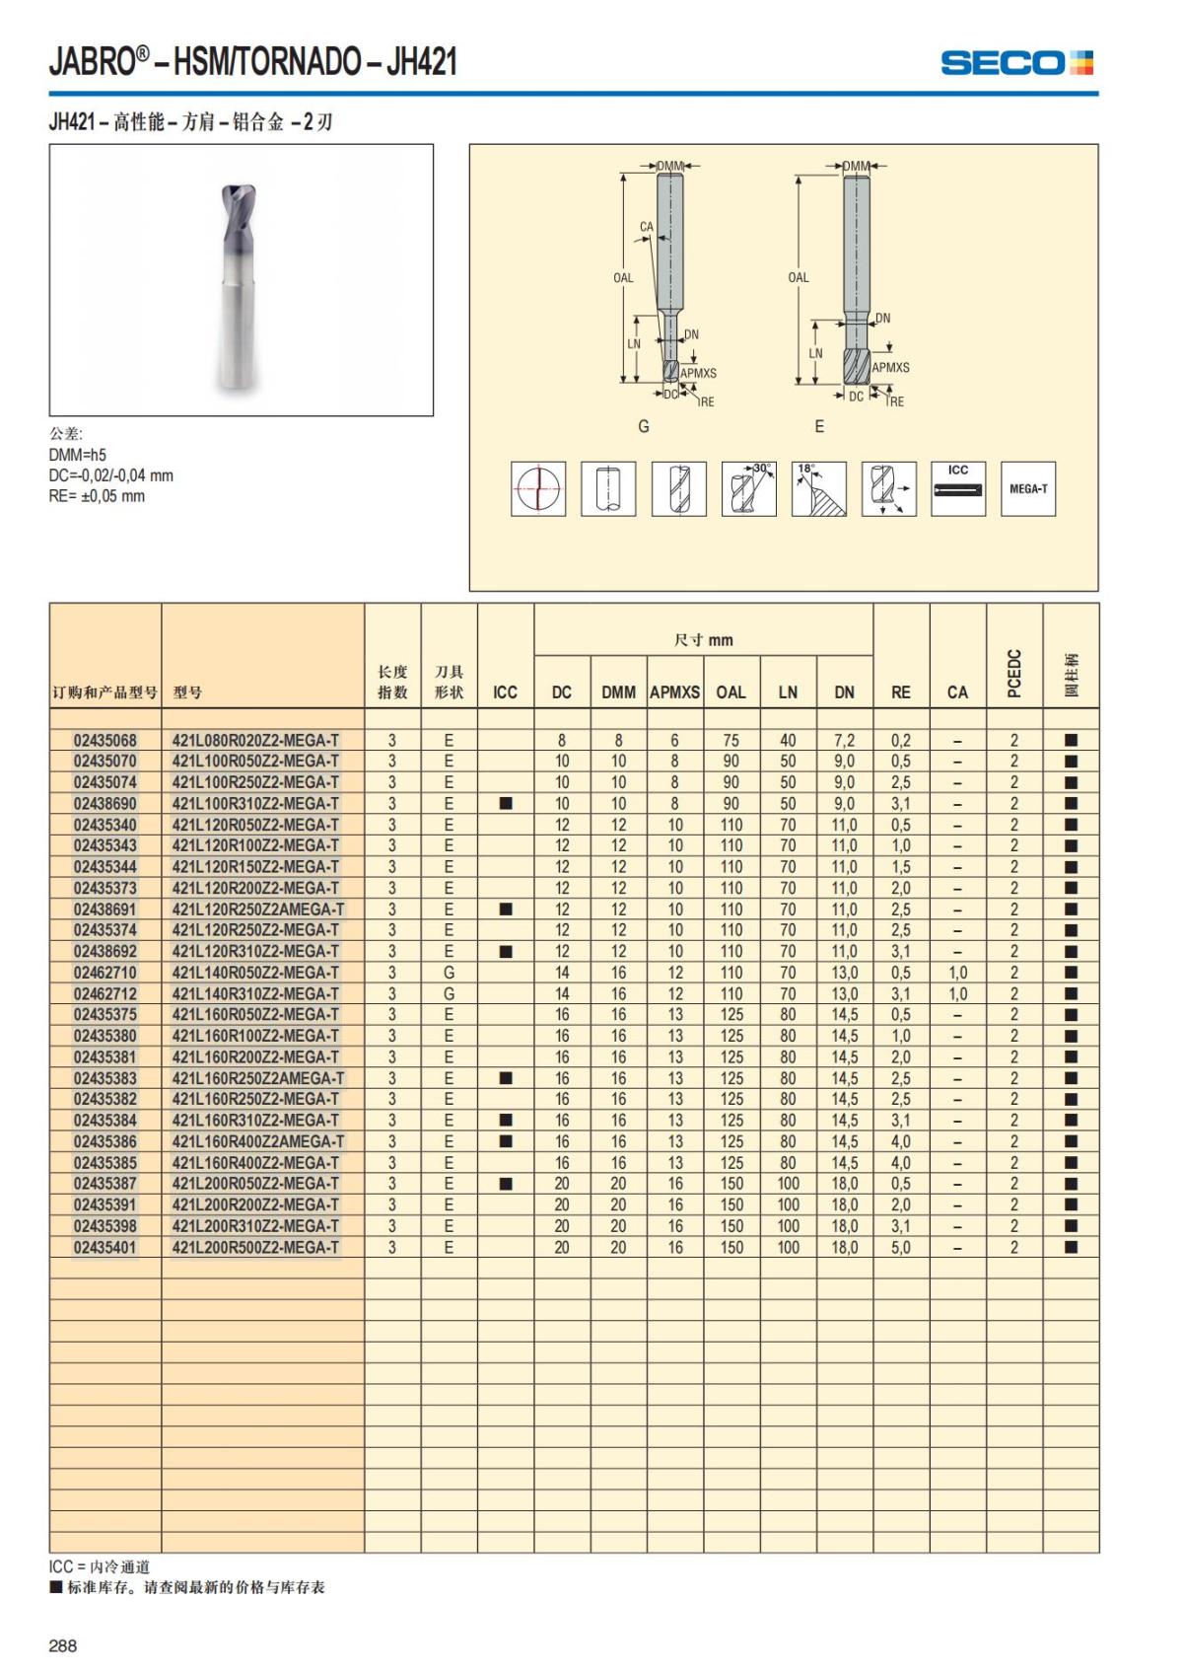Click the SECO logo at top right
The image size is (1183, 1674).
click(x=1016, y=63)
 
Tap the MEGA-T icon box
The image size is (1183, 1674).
click(x=1027, y=488)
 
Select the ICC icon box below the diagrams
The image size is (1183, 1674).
click(x=957, y=488)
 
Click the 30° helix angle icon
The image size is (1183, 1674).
click(x=748, y=488)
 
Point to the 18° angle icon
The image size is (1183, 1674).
click(x=818, y=488)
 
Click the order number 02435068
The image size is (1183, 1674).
click(x=105, y=740)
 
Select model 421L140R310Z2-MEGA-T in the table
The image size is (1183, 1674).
click(x=255, y=993)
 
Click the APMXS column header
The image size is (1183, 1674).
click(x=674, y=692)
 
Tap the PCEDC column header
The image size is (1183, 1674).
click(x=1014, y=674)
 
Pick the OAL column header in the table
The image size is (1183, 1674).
click(x=731, y=692)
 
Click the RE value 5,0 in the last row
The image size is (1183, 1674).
click(x=901, y=1247)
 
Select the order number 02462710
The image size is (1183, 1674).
click(x=105, y=973)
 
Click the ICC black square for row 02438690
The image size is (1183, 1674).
click(x=506, y=803)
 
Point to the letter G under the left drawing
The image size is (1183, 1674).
click(x=644, y=426)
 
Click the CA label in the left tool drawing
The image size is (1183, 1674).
click(x=647, y=227)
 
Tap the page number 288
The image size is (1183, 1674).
click(x=63, y=1645)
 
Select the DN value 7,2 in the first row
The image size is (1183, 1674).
click(x=844, y=740)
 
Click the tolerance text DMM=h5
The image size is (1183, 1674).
click(x=78, y=455)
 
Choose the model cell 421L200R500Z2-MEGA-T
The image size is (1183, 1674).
click(x=255, y=1247)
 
